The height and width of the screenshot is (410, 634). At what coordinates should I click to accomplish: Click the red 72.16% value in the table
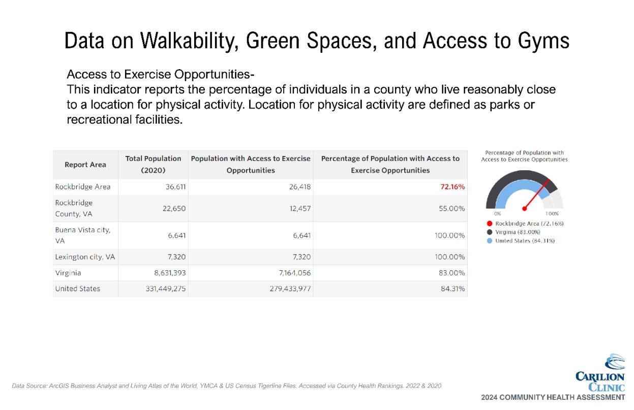[x=452, y=186]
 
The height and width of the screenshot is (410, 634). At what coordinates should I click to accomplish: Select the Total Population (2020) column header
[x=153, y=165]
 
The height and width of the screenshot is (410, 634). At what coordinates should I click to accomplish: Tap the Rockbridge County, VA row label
[x=74, y=208]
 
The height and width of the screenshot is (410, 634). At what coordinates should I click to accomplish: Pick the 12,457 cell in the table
[x=300, y=208]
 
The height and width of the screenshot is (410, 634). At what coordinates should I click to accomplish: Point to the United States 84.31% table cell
[x=452, y=289]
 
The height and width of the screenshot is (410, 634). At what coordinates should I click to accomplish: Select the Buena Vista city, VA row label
[x=83, y=235]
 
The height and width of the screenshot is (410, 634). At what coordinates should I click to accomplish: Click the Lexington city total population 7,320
[x=176, y=257]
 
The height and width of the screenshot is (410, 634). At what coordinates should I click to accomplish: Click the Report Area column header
[x=85, y=165]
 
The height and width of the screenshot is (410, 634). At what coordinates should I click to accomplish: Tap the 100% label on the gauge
[x=552, y=214]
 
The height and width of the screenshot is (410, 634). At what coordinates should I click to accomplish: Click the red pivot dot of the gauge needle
[x=524, y=208]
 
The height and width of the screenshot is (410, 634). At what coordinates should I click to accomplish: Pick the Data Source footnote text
[x=226, y=386]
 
